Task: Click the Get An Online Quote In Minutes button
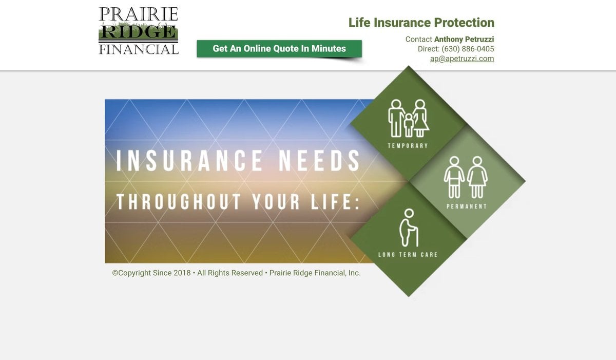click(x=279, y=49)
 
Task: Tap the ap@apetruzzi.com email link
click(x=462, y=59)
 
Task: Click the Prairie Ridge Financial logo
click(x=139, y=30)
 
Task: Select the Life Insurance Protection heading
click(x=421, y=23)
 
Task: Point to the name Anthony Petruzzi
click(x=464, y=39)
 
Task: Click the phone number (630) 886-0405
click(x=468, y=49)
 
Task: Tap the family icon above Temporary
click(x=409, y=118)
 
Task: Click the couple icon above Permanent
click(x=466, y=177)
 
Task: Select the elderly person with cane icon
click(x=409, y=228)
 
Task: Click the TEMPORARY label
click(x=408, y=146)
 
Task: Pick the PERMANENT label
click(x=467, y=206)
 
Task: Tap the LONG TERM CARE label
click(x=408, y=255)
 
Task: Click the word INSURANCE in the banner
click(x=189, y=161)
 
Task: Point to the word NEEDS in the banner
click(x=319, y=161)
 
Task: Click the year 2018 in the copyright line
click(x=182, y=273)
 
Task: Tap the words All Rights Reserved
click(x=230, y=273)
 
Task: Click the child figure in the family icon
click(x=409, y=125)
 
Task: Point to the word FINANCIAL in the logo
click(x=139, y=49)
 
